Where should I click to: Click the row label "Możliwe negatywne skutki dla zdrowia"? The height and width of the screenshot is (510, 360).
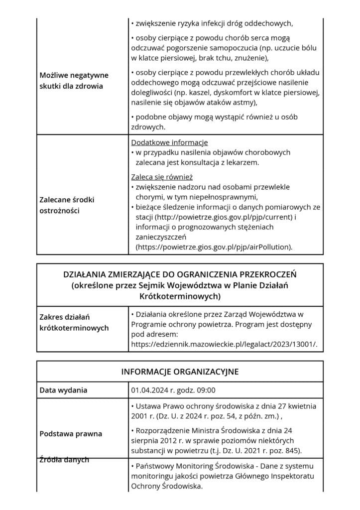pos(74,80)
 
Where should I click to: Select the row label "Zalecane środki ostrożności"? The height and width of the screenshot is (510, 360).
pos(67,205)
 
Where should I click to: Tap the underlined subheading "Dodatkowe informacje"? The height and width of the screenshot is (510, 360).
pos(169,142)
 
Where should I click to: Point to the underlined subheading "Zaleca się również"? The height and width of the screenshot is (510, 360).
pos(162,177)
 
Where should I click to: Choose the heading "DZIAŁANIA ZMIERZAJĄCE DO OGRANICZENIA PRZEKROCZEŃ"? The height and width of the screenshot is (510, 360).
pos(180,274)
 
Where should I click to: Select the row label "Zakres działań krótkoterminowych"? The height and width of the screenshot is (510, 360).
pos(74,322)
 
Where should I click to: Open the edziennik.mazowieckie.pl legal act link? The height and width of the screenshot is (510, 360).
pos(223,344)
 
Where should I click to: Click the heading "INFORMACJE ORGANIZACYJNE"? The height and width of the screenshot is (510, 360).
pos(180,372)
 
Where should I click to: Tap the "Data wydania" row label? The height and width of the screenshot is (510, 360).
pos(63,390)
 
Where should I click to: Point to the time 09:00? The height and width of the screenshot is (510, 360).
pos(206,390)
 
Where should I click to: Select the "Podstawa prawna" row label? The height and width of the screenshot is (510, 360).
pos(71,433)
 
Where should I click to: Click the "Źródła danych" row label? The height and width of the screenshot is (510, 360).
pos(64,460)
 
